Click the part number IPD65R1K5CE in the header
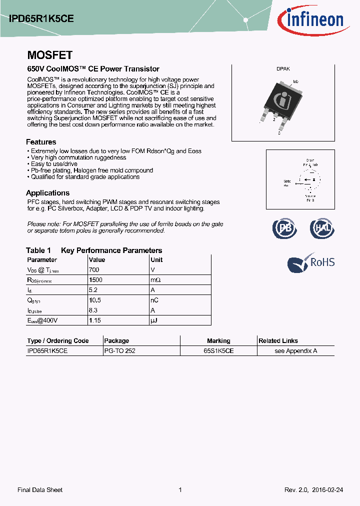(x=42, y=18)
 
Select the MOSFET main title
(x=49, y=55)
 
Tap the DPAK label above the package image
(x=283, y=69)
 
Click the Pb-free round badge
(x=284, y=228)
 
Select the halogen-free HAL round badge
(x=321, y=228)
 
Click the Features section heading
(x=41, y=142)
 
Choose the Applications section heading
(x=47, y=193)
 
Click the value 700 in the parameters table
(x=93, y=269)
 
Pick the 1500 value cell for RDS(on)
(x=95, y=280)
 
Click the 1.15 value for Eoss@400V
(x=95, y=320)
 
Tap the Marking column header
(x=218, y=341)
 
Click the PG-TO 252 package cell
(x=119, y=351)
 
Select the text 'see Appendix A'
(x=295, y=351)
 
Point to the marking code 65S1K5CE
(x=218, y=351)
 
